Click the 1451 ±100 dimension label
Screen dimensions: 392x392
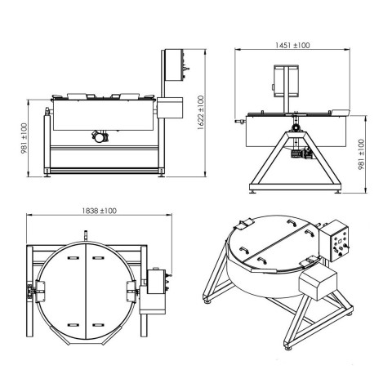(x=292, y=45)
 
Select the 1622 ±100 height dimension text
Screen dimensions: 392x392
(x=201, y=113)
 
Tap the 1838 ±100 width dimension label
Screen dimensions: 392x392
(x=99, y=211)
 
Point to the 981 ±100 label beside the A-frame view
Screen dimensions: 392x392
(x=361, y=154)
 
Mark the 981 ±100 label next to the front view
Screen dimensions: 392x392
(x=24, y=139)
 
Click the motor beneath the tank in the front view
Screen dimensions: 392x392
(x=100, y=136)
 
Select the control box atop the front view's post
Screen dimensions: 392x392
(x=174, y=65)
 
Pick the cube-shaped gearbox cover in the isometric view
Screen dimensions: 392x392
(x=318, y=284)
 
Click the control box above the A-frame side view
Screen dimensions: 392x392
(x=286, y=81)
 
